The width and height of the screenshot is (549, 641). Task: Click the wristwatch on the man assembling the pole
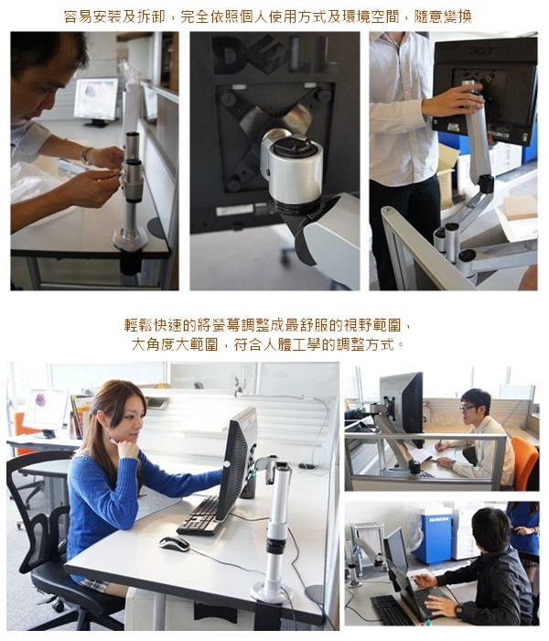click(x=85, y=156)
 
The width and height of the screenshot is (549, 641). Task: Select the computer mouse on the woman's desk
click(x=175, y=543)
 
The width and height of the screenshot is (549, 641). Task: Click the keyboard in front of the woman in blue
click(x=199, y=516)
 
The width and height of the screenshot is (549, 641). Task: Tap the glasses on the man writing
click(x=467, y=407)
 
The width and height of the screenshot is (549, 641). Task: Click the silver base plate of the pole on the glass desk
click(x=130, y=239)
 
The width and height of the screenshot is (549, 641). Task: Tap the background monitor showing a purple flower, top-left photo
click(x=96, y=100)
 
